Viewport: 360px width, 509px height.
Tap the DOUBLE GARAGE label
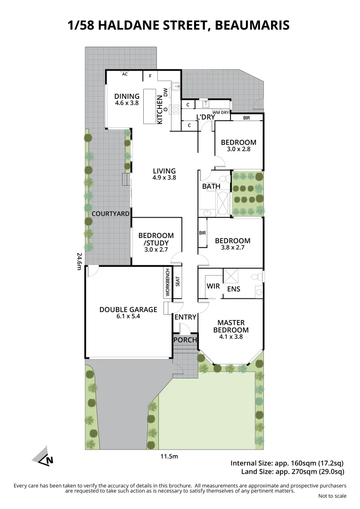point(128,310)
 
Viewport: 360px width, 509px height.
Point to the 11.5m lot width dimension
point(169,456)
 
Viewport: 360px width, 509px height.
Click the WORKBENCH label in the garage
point(167,283)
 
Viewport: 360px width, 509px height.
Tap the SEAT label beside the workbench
point(178,281)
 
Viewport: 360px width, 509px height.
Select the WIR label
point(213,286)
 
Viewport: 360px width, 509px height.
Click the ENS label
point(234,288)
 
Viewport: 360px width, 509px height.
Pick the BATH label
point(211,186)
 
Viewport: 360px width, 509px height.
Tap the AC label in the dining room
point(125,74)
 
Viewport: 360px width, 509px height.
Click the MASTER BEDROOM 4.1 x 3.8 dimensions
point(231,337)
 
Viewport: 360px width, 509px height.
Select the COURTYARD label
point(111,213)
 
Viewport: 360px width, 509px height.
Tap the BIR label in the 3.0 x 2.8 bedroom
point(246,118)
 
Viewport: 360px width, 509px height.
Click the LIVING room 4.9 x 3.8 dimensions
point(164,178)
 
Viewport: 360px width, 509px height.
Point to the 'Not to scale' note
point(332,496)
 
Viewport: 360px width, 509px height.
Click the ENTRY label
point(185,317)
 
